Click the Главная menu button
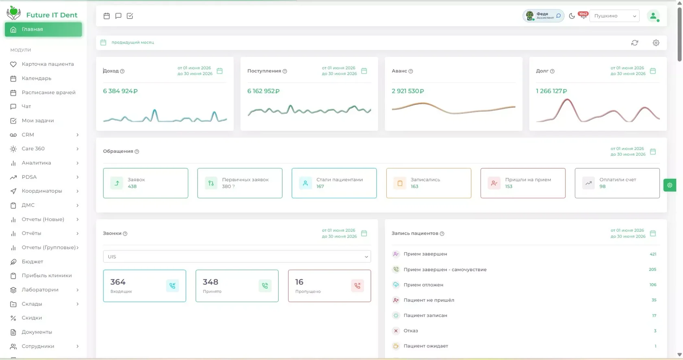[43, 29]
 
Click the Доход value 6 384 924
[120, 91]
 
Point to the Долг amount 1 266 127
[551, 91]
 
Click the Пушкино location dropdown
[614, 16]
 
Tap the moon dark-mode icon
[572, 16]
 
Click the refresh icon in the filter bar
[635, 43]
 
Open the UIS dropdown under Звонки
[237, 257]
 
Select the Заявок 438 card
[146, 183]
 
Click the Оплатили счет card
[617, 183]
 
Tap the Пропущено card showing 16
[329, 286]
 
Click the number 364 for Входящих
[118, 282]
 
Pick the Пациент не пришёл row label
[429, 300]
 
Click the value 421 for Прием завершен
[653, 254]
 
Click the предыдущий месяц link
[133, 42]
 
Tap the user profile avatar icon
[653, 16]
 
